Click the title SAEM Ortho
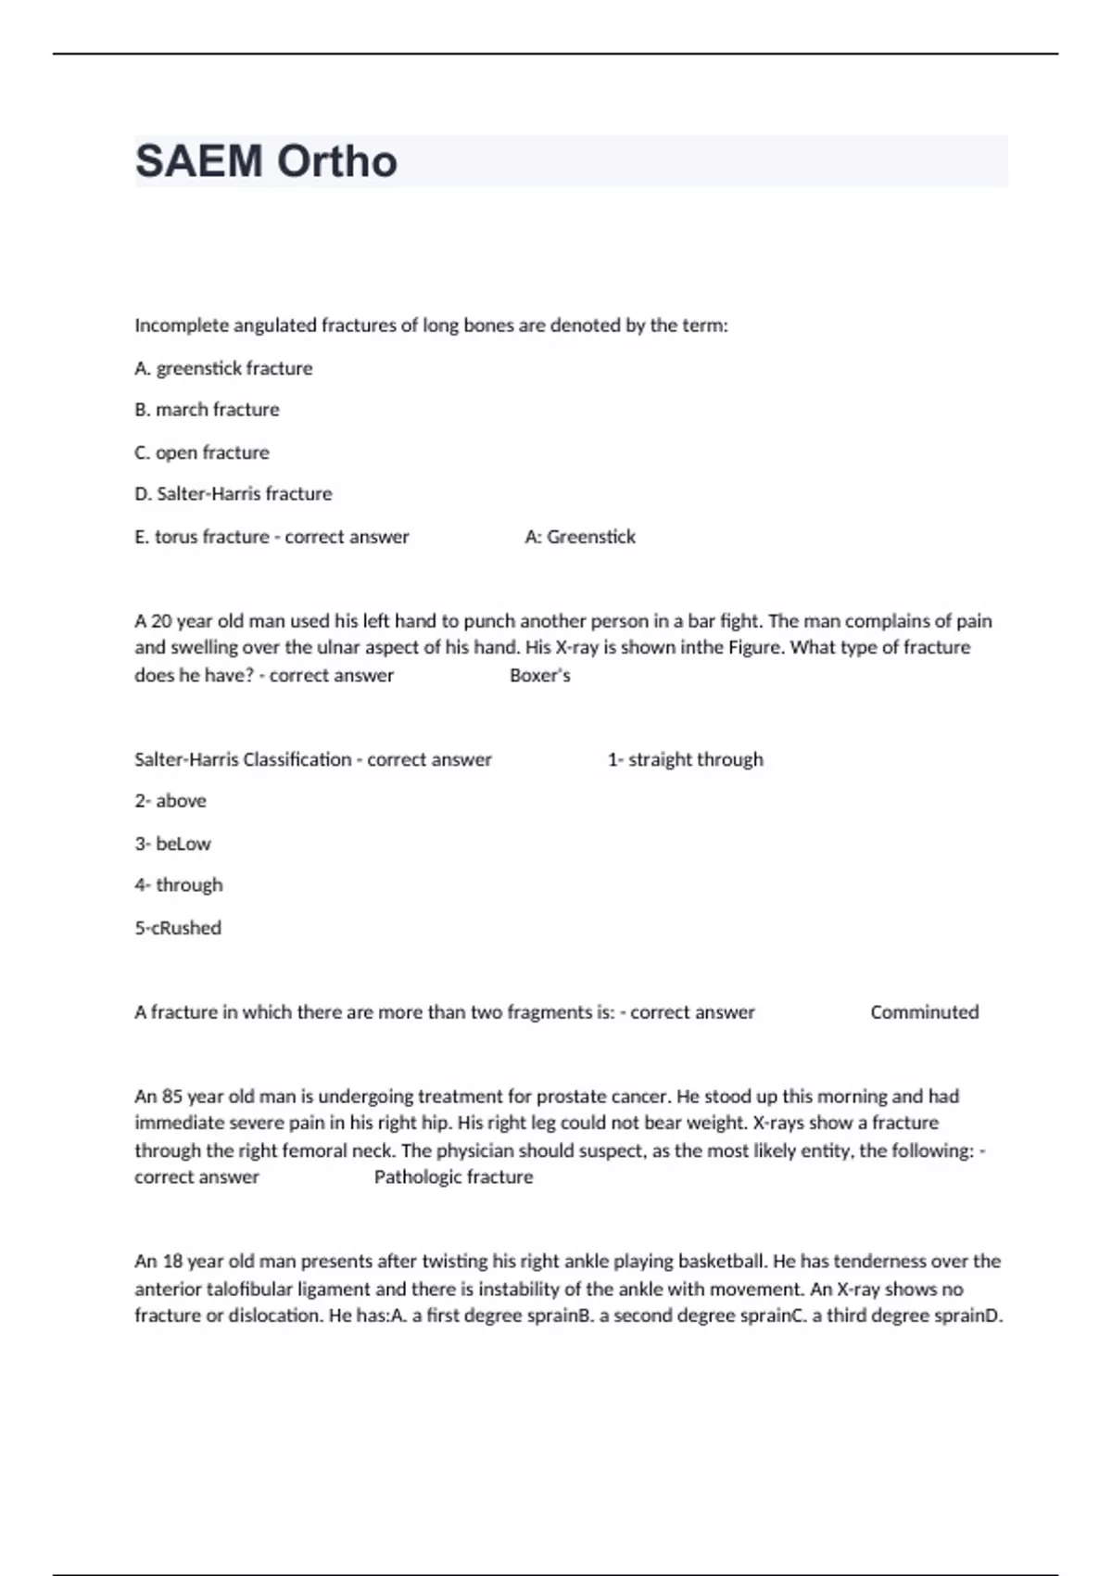click(x=266, y=161)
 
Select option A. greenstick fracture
click(x=223, y=368)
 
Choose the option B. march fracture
click(x=207, y=410)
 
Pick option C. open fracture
click(x=202, y=452)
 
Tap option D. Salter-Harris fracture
click(x=234, y=494)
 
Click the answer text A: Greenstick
click(x=580, y=537)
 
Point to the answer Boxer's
click(x=539, y=676)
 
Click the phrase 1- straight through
click(x=685, y=759)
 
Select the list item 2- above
click(x=171, y=801)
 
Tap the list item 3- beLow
click(x=172, y=844)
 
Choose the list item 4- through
click(x=179, y=885)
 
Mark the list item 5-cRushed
click(x=178, y=928)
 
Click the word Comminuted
click(x=924, y=1012)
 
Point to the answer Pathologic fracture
click(x=453, y=1177)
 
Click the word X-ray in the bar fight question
click(x=576, y=647)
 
